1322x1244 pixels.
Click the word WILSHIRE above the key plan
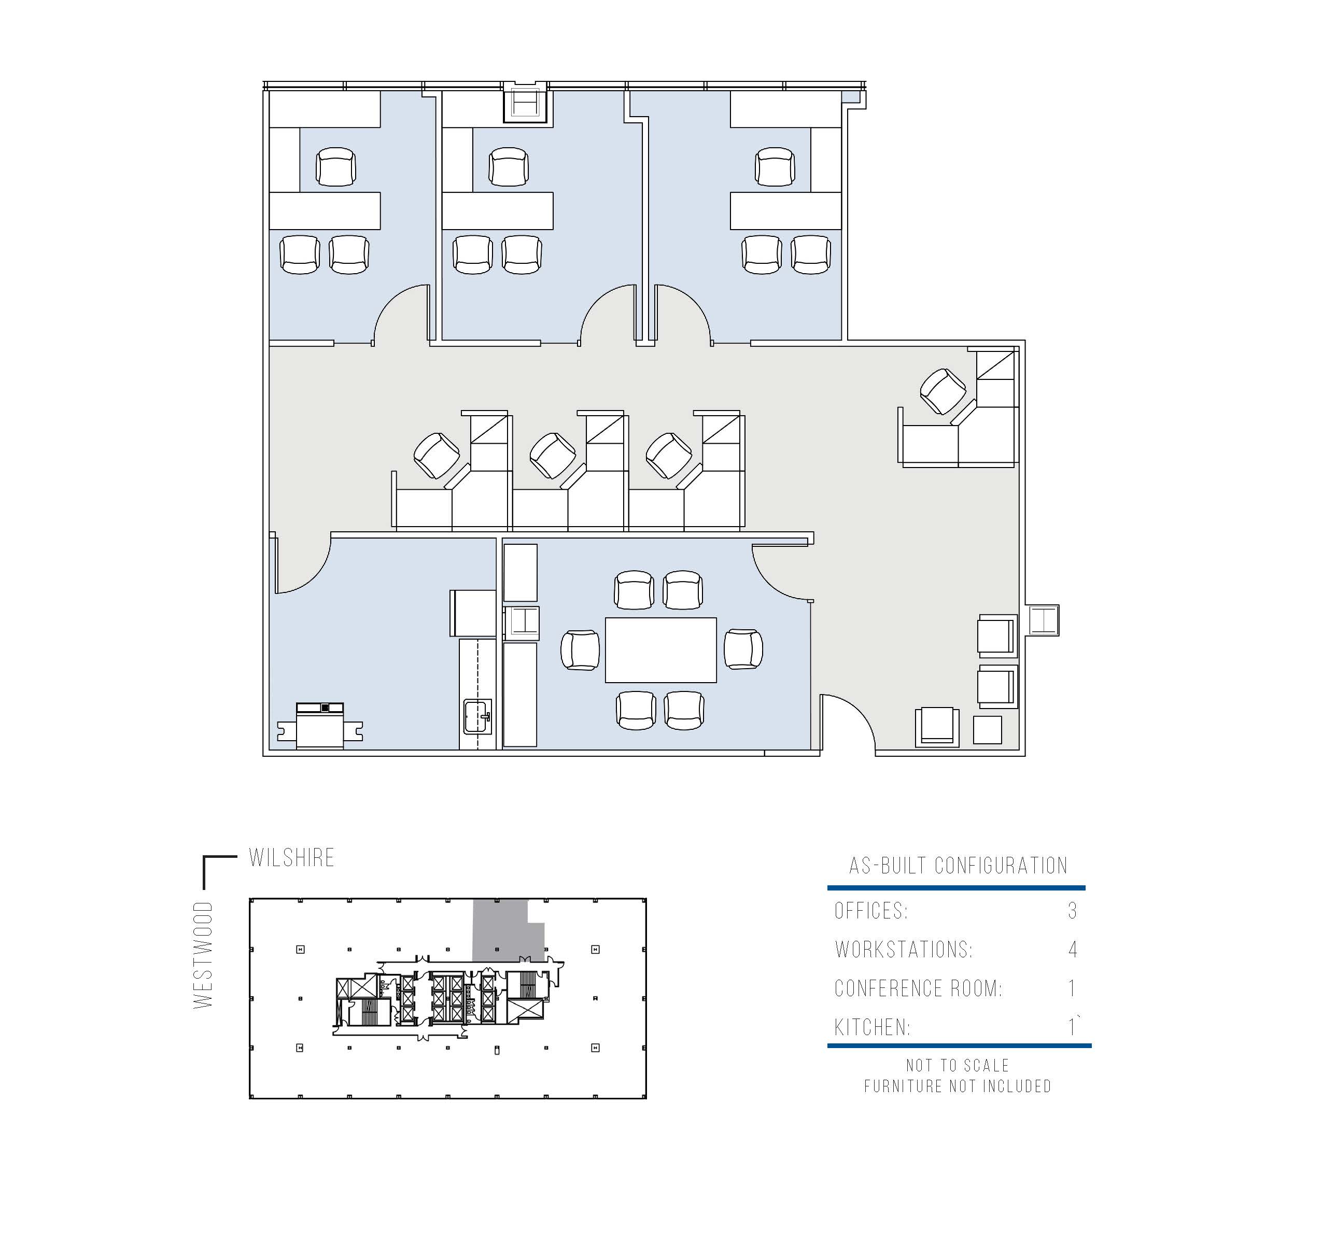pyautogui.click(x=291, y=858)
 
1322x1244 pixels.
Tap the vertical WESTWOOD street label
pyautogui.click(x=203, y=955)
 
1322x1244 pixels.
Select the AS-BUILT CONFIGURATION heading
pyautogui.click(x=958, y=866)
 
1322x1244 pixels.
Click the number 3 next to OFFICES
pyautogui.click(x=1072, y=911)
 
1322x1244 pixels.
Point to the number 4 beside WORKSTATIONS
pyautogui.click(x=1073, y=950)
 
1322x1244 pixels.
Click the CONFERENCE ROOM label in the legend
pyautogui.click(x=918, y=988)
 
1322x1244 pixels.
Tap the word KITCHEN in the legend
pyautogui.click(x=872, y=1027)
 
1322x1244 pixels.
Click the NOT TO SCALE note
pyautogui.click(x=958, y=1066)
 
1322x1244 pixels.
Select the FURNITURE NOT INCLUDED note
pyautogui.click(x=958, y=1086)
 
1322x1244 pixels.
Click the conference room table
pyautogui.click(x=660, y=649)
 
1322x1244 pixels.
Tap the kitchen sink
pyautogui.click(x=477, y=716)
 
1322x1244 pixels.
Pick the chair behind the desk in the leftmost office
pyautogui.click(x=336, y=167)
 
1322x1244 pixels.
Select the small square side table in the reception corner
pyautogui.click(x=988, y=729)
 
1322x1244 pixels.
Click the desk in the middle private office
pyautogui.click(x=497, y=211)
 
